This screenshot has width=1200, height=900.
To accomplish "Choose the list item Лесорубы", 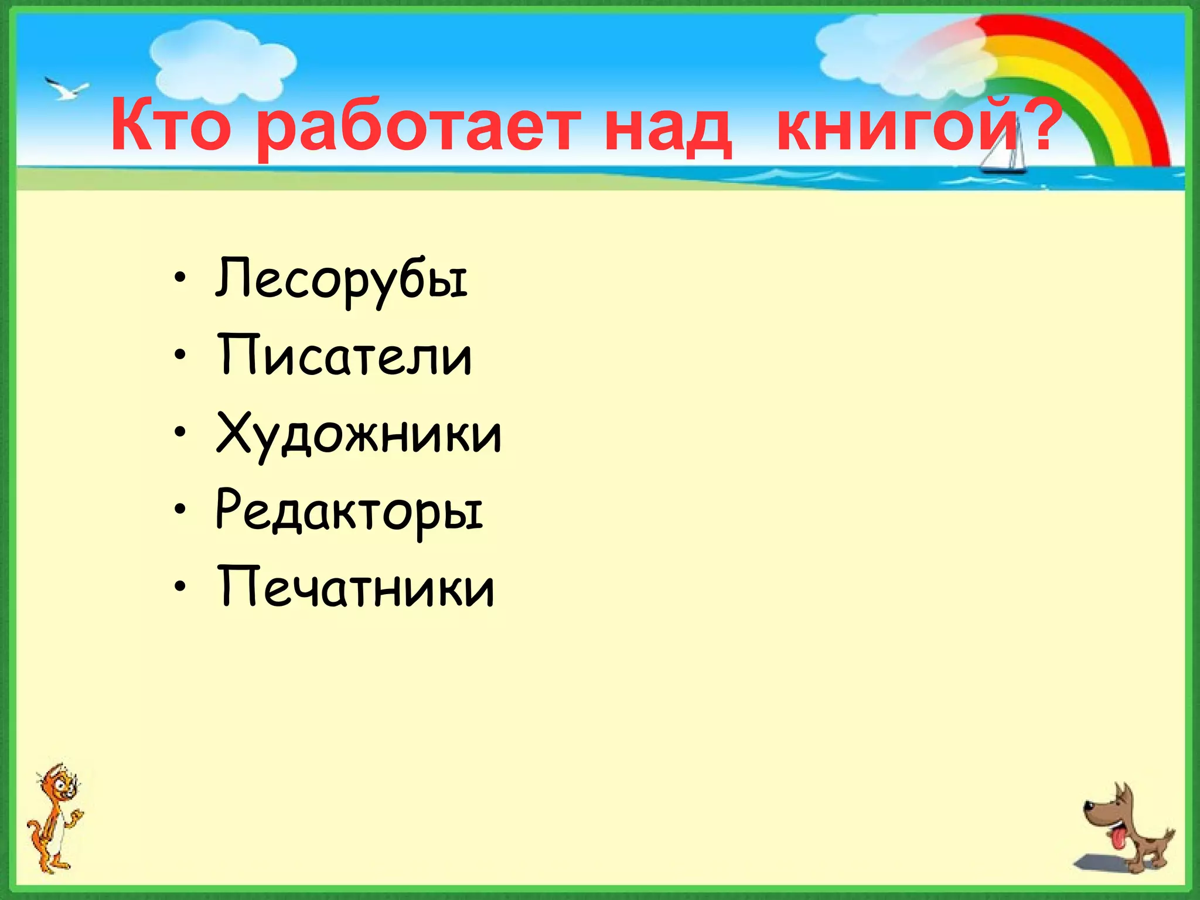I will pyautogui.click(x=342, y=280).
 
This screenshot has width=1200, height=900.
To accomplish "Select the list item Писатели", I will pyautogui.click(x=345, y=356).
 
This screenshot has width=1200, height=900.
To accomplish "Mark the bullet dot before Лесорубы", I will pyautogui.click(x=180, y=278).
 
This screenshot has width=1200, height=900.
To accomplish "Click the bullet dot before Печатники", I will pyautogui.click(x=180, y=587).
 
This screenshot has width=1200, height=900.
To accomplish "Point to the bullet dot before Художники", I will pyautogui.click(x=180, y=432).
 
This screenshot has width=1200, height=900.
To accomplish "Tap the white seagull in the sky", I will pyautogui.click(x=66, y=90).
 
